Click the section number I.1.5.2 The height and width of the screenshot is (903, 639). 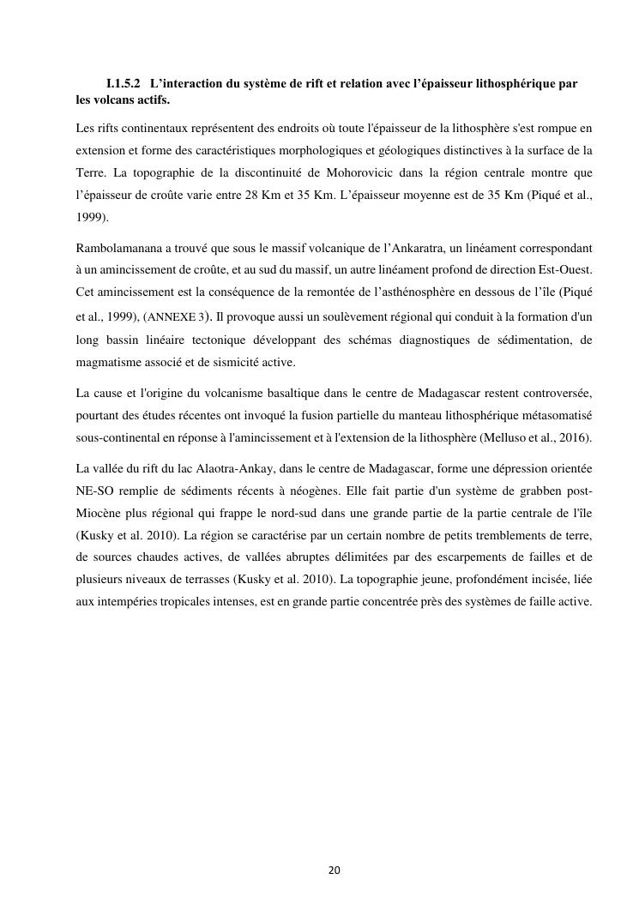pyautogui.click(x=123, y=84)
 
